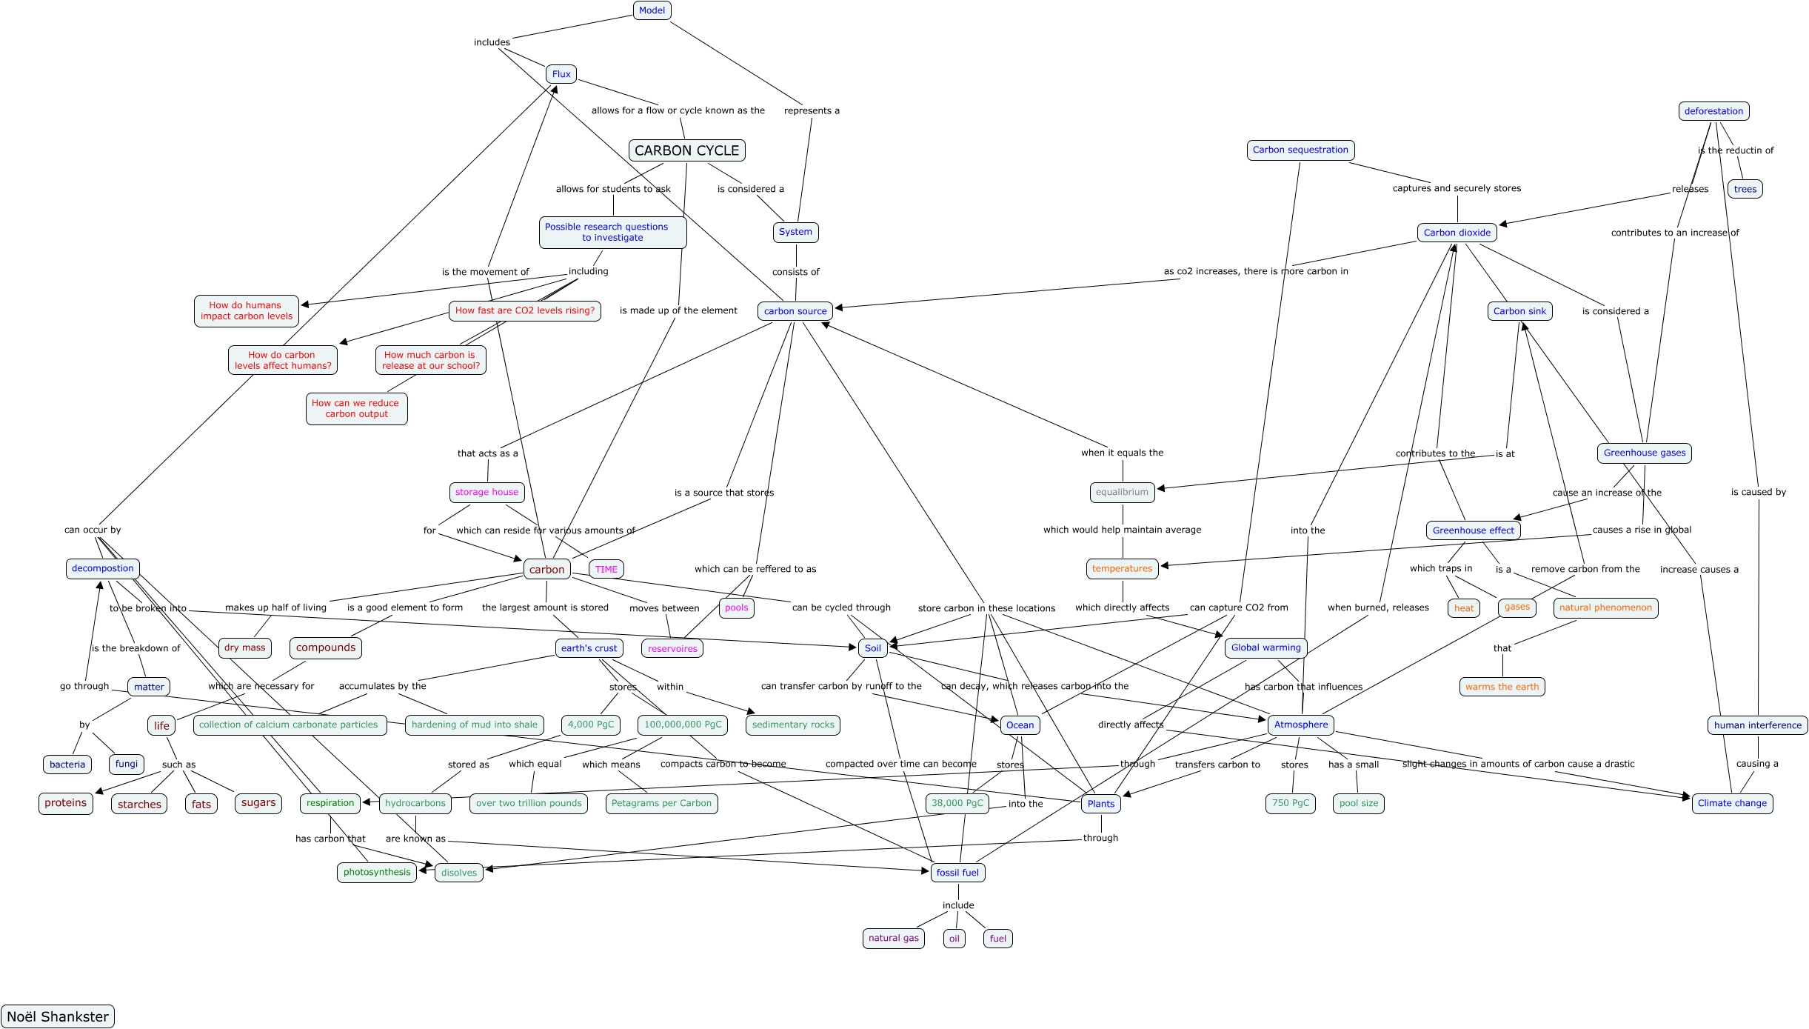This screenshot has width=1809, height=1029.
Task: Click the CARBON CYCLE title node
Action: (686, 150)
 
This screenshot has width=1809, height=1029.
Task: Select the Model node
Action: (652, 10)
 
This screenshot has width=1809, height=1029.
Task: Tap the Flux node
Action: (561, 74)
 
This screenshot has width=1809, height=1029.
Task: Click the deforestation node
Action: (1713, 111)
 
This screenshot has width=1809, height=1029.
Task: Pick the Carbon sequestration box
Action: (1300, 150)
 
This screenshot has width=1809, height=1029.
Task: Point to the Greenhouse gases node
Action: (1644, 453)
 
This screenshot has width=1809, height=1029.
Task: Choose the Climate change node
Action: (1732, 803)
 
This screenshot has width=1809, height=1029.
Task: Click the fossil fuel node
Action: (957, 873)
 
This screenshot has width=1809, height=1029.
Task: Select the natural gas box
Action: (894, 938)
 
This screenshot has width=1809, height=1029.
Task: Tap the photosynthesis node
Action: (377, 872)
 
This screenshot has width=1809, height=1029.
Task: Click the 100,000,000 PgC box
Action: (683, 725)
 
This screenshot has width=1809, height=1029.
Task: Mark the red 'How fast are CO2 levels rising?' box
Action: (525, 310)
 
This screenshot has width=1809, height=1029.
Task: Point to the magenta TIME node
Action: (606, 569)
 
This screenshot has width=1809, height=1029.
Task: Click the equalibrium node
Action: (1122, 492)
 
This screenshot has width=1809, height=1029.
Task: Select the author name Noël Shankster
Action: (58, 1016)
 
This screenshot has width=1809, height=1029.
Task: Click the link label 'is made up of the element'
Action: (678, 310)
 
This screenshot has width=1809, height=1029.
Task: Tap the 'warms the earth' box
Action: (1502, 687)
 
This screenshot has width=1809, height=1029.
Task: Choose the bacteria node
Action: (67, 765)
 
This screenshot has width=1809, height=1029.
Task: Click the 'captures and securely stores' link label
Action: (1457, 188)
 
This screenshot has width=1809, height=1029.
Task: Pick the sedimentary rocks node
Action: (793, 725)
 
